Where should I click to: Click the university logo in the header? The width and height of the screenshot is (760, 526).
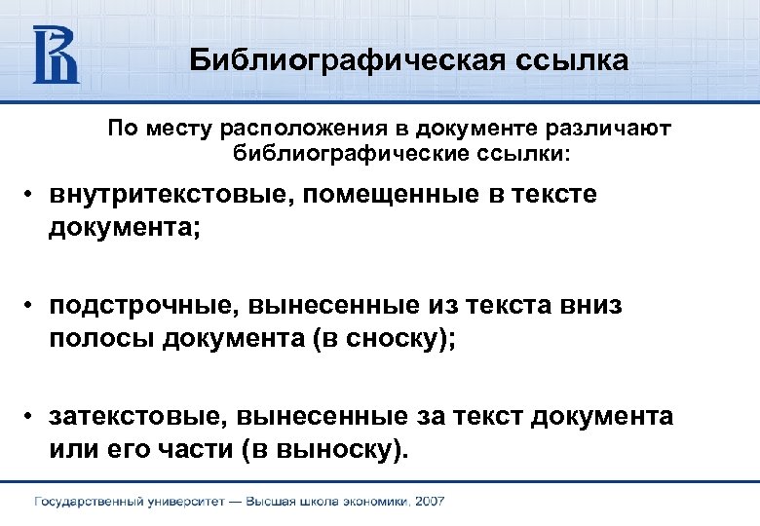[57, 55]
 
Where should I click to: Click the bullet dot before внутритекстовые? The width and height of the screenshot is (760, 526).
[32, 196]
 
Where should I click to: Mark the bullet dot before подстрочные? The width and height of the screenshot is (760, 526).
[32, 307]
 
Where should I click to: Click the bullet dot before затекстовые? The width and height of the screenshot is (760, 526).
[32, 418]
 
